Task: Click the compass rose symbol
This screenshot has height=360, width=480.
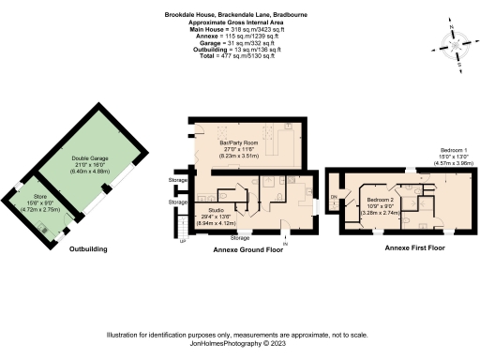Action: [x=457, y=44]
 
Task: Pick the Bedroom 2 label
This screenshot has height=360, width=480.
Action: [x=380, y=201]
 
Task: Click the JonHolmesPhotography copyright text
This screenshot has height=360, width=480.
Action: [x=240, y=342]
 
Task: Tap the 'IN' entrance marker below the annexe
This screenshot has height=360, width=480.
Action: [x=285, y=243]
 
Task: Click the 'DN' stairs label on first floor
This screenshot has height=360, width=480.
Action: [x=334, y=197]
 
